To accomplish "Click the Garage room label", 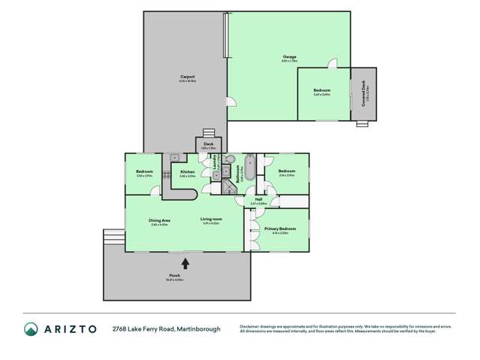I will (x=289, y=57).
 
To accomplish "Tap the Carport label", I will (x=188, y=77).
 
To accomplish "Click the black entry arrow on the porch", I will (x=186, y=263).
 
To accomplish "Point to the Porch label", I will (x=174, y=276).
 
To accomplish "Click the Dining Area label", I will (x=159, y=220).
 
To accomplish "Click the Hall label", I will (x=258, y=199).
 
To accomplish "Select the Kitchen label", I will (x=188, y=172).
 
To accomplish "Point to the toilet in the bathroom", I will (x=230, y=160).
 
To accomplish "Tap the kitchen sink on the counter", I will (x=174, y=158).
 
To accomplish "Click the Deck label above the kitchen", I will (x=208, y=144).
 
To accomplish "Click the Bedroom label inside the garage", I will (x=322, y=91).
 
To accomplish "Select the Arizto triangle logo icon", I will (x=32, y=329).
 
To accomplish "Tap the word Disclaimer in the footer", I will (x=250, y=326).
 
